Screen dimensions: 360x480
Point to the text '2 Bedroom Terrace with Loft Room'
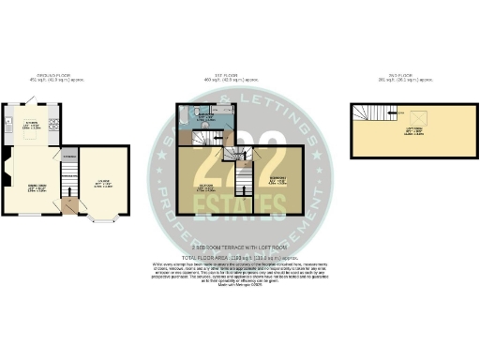click(238, 248)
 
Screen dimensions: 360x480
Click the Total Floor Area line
click(238, 255)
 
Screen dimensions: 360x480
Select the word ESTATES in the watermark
click(240, 173)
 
